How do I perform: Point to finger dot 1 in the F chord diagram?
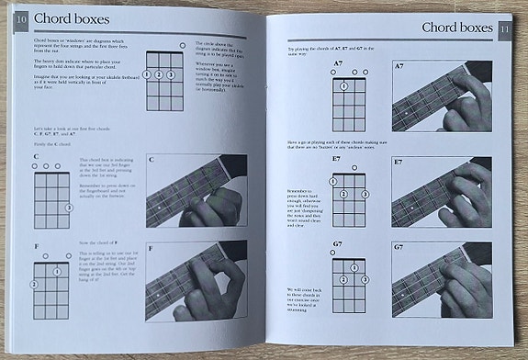(56, 272)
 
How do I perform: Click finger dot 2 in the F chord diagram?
(34, 285)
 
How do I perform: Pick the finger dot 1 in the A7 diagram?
(343, 86)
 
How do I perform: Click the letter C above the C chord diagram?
(36, 157)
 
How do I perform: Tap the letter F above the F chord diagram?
(36, 245)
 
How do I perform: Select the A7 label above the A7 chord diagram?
(338, 63)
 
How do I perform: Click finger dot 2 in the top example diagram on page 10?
(159, 74)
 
